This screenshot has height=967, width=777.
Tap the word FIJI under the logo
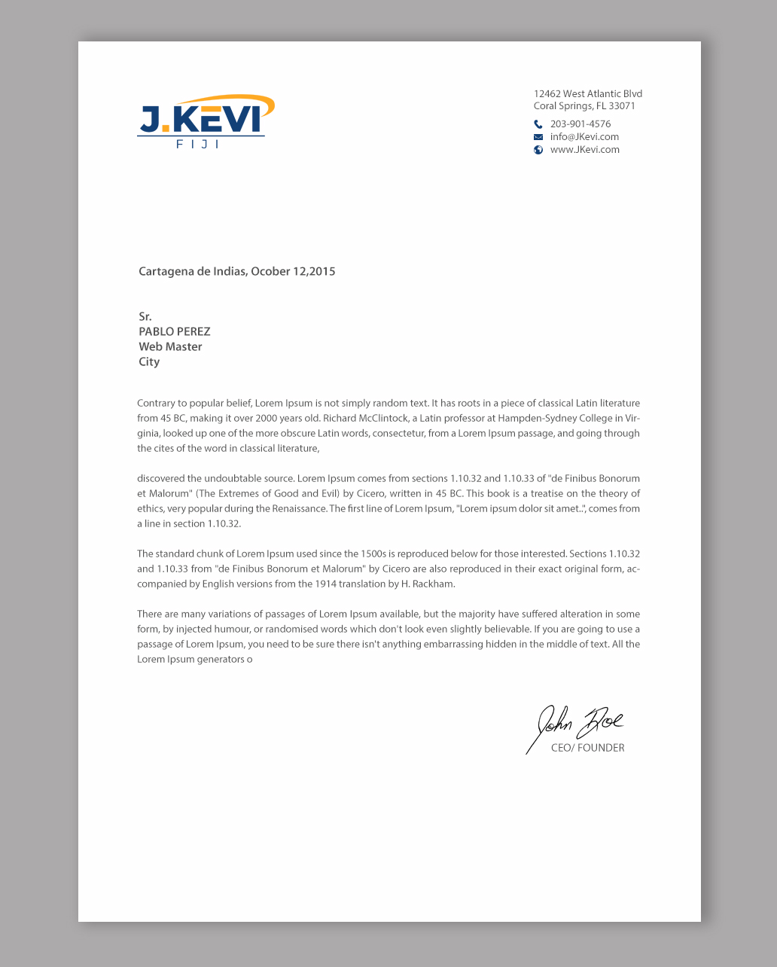point(198,144)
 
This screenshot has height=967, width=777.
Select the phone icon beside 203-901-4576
point(538,124)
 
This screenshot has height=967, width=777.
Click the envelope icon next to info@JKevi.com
point(538,137)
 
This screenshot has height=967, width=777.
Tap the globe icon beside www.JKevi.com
point(538,150)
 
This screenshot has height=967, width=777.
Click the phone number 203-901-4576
point(580,124)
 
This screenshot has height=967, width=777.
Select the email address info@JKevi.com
point(584,137)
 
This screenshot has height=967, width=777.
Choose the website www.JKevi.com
point(585,150)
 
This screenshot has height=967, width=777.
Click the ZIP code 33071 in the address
point(622,106)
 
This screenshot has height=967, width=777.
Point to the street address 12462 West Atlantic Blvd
point(588,94)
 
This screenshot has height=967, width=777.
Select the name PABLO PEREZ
point(175,331)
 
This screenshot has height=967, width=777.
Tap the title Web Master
point(170,346)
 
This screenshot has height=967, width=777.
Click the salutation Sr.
point(145,316)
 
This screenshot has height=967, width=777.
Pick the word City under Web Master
point(149,361)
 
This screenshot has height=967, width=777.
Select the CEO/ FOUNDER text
point(587,748)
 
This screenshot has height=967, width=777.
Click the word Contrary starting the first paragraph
point(156,404)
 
